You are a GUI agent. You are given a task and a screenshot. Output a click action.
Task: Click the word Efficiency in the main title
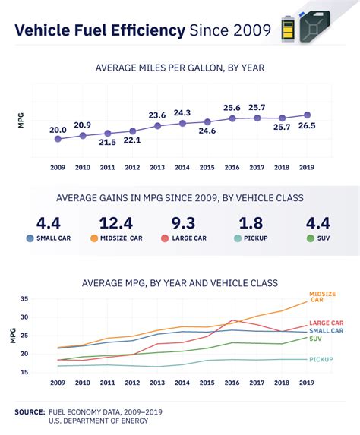click(x=146, y=30)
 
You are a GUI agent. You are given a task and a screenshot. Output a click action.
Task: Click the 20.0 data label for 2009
click(x=58, y=130)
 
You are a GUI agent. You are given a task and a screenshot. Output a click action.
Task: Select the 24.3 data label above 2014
click(x=182, y=112)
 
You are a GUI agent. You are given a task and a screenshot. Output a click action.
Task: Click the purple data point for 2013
click(x=157, y=125)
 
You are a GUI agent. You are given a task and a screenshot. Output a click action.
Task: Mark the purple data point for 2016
click(x=232, y=118)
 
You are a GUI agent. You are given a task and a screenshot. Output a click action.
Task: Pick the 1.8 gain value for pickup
click(x=250, y=222)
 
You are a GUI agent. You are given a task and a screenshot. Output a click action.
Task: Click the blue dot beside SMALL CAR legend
click(x=30, y=238)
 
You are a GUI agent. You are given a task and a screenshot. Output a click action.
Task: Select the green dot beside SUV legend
click(x=309, y=238)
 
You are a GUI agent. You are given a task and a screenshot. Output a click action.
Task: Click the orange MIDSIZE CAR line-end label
click(x=321, y=296)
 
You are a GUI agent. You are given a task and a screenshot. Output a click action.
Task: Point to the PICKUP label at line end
click(x=322, y=359)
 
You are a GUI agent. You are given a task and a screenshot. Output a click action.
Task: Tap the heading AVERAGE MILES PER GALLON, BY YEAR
click(x=179, y=68)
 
